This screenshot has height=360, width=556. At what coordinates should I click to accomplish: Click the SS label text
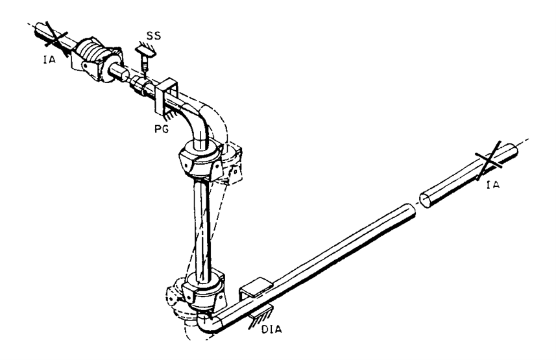(x=154, y=36)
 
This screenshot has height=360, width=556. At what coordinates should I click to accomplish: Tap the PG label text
(x=162, y=128)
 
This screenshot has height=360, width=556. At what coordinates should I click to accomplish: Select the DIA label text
(x=272, y=329)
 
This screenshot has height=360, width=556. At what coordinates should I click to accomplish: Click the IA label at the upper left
(x=49, y=60)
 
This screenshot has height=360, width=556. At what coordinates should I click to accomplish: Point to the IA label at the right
(x=493, y=184)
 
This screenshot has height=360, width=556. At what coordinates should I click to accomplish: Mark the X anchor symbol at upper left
(x=55, y=38)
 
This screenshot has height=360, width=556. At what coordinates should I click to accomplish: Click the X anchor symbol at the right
(x=489, y=160)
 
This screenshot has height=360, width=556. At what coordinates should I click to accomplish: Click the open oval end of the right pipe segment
(x=426, y=200)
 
